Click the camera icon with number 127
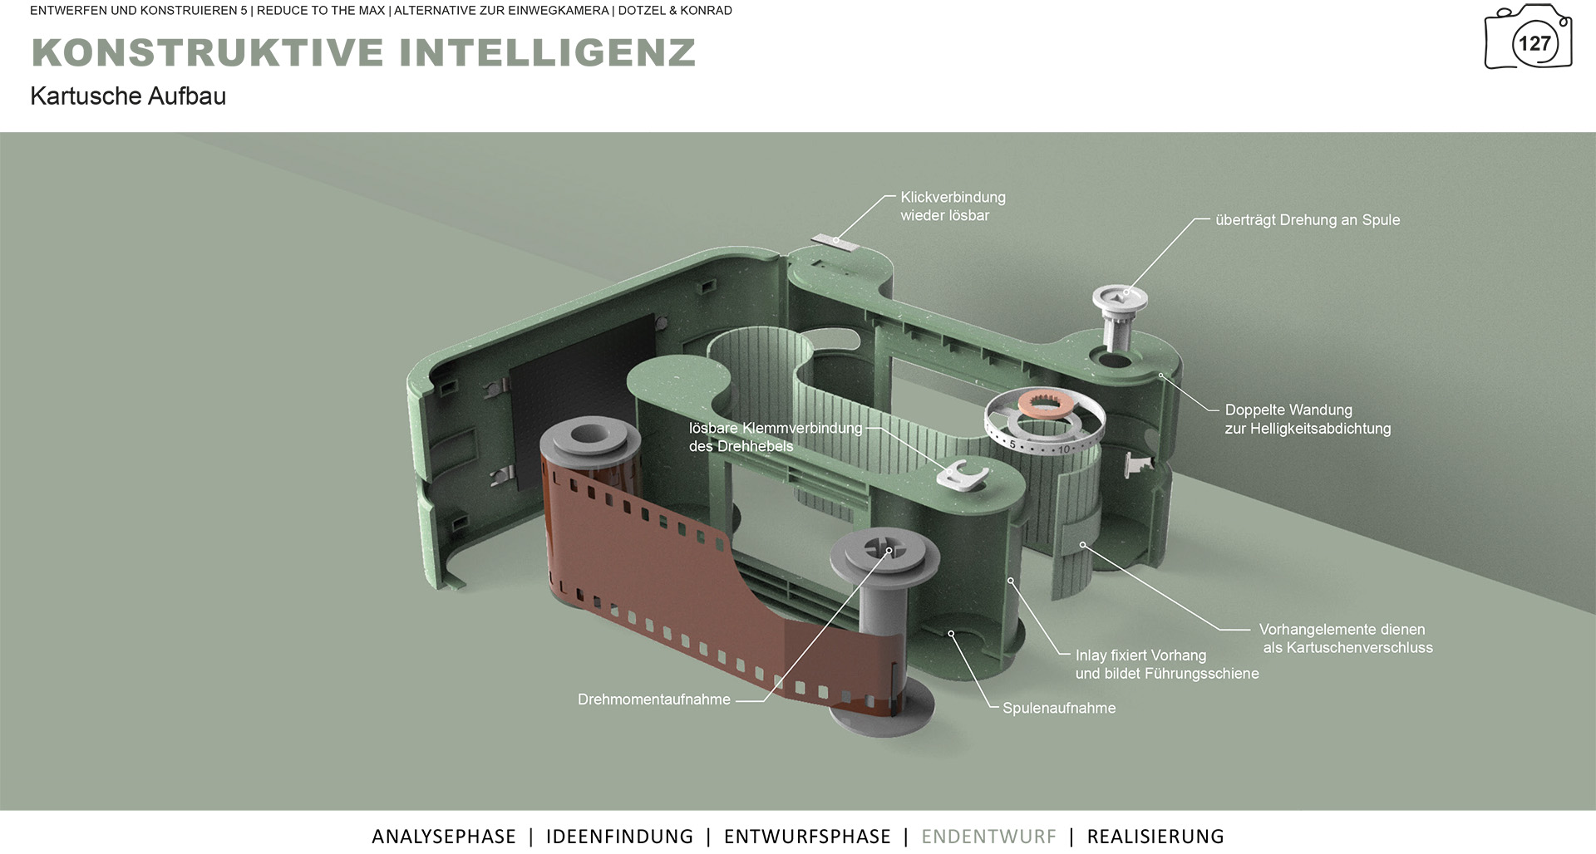pyautogui.click(x=1528, y=37)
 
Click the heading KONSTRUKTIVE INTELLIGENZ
pyautogui.click(x=363, y=52)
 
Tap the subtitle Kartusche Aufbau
pyautogui.click(x=128, y=96)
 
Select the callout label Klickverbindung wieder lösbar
pyautogui.click(x=953, y=206)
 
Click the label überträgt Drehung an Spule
pyautogui.click(x=1308, y=220)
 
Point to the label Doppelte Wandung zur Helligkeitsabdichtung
pyautogui.click(x=1308, y=420)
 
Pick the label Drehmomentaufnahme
pyautogui.click(x=654, y=699)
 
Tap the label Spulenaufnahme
pyautogui.click(x=1059, y=708)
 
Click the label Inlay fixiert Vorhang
pyautogui.click(x=1140, y=655)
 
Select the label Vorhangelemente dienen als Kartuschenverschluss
pyautogui.click(x=1346, y=639)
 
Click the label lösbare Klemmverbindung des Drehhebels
pyautogui.click(x=776, y=437)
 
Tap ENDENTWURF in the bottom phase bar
pyautogui.click(x=988, y=837)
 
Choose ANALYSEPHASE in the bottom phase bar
pyautogui.click(x=444, y=837)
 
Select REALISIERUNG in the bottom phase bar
pyautogui.click(x=1155, y=837)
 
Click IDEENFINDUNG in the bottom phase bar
pyautogui.click(x=619, y=837)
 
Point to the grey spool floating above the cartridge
pyautogui.click(x=1118, y=316)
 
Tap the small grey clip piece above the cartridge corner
pyautogui.click(x=835, y=241)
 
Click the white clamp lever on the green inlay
pyautogui.click(x=963, y=475)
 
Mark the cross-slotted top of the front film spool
pyautogui.click(x=884, y=549)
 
